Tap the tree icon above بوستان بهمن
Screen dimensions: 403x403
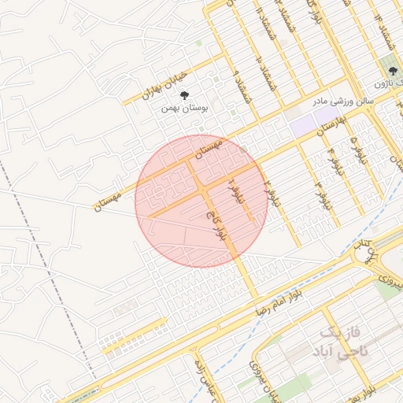(184, 94)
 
